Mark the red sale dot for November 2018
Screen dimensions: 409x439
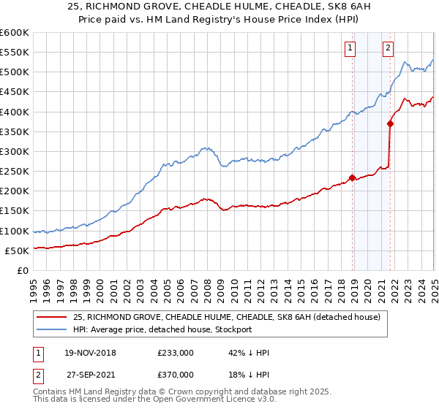(352, 177)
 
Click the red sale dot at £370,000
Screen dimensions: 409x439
(390, 123)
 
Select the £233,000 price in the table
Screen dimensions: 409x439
(176, 353)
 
